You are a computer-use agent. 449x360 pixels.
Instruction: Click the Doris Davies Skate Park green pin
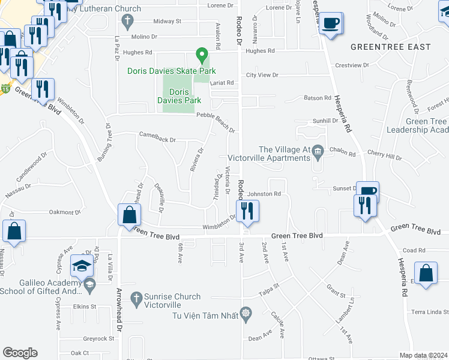click(x=202, y=57)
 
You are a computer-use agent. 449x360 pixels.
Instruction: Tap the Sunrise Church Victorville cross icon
click(x=136, y=298)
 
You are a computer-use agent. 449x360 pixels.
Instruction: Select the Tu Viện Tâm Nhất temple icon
click(x=245, y=313)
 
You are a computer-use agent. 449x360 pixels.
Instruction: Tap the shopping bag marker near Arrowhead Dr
click(x=129, y=215)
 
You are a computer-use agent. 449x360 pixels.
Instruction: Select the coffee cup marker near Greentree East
click(x=330, y=24)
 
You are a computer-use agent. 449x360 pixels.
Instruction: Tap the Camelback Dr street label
click(x=157, y=140)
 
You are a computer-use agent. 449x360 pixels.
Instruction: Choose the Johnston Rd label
click(x=265, y=194)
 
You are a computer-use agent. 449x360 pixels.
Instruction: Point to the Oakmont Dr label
click(x=65, y=212)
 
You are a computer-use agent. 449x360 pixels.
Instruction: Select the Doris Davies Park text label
click(x=179, y=96)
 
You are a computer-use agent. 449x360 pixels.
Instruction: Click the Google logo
click(x=20, y=352)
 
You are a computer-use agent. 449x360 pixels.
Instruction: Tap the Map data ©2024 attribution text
click(x=423, y=355)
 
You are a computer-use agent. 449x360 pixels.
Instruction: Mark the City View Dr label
click(x=262, y=76)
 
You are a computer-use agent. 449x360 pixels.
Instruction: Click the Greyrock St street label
click(x=100, y=338)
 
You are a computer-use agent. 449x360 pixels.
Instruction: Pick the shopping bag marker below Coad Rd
click(x=426, y=274)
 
